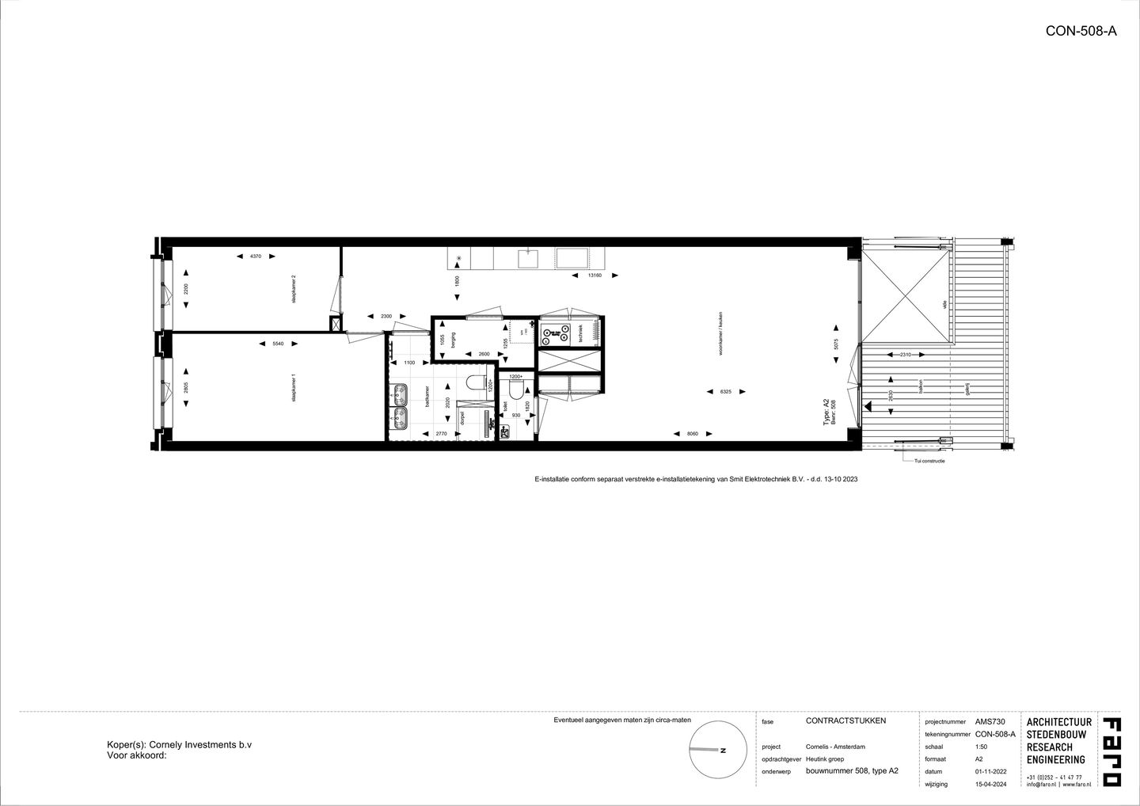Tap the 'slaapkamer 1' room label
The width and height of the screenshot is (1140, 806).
pyautogui.click(x=293, y=389)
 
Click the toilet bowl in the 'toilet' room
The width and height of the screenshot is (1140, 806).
pyautogui.click(x=515, y=391)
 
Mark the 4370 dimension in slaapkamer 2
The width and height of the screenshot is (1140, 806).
pyautogui.click(x=255, y=256)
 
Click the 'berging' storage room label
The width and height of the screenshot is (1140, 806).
pyautogui.click(x=454, y=340)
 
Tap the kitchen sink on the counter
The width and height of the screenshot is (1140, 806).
pyautogui.click(x=527, y=257)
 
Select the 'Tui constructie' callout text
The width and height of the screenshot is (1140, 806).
pyautogui.click(x=929, y=460)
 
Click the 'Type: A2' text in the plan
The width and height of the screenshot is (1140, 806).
pyautogui.click(x=826, y=413)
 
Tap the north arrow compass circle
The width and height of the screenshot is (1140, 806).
pyautogui.click(x=718, y=749)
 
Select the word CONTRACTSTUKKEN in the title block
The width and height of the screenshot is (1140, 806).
pyautogui.click(x=845, y=720)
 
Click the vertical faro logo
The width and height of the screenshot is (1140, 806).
pyautogui.click(x=1111, y=751)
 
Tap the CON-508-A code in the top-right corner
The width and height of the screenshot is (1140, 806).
pyautogui.click(x=1081, y=32)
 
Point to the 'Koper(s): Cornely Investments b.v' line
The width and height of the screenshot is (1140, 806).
pyautogui.click(x=179, y=745)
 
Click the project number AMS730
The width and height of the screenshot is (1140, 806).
pyautogui.click(x=990, y=722)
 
